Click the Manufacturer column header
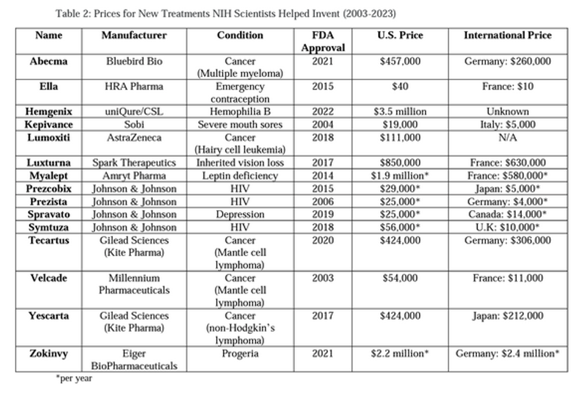click(x=134, y=35)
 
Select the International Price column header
click(x=507, y=35)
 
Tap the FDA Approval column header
click(x=323, y=41)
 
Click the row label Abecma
click(x=49, y=61)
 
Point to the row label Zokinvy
click(x=49, y=353)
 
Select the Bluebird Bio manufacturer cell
click(x=134, y=61)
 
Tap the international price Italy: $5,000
click(x=507, y=125)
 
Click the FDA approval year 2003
click(x=323, y=278)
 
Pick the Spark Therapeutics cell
click(x=134, y=162)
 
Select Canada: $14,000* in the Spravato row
click(x=507, y=214)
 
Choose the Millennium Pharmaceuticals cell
click(x=134, y=284)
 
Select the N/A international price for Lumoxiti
click(x=507, y=137)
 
